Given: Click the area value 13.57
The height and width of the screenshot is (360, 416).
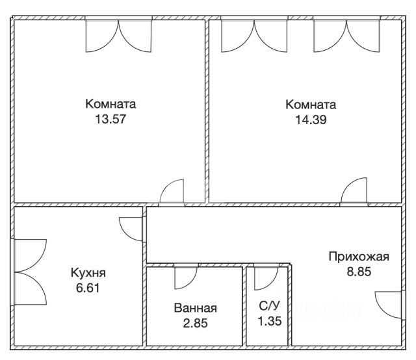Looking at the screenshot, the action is (x=110, y=119).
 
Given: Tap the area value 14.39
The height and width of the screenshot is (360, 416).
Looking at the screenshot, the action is (x=311, y=120).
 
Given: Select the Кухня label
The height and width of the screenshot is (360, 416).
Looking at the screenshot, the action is (x=88, y=273).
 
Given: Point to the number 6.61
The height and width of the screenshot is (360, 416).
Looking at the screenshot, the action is (x=88, y=288).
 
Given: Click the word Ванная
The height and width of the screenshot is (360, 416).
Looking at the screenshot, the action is (x=195, y=308).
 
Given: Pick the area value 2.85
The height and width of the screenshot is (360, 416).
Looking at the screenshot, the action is (x=195, y=323).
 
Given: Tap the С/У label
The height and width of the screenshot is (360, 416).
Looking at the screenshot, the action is (x=269, y=306).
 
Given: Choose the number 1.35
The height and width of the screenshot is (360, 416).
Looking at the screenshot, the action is (x=270, y=321).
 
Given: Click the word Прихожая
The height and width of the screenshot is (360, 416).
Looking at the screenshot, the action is (x=359, y=257).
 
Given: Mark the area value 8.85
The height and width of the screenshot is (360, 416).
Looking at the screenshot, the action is (x=359, y=272).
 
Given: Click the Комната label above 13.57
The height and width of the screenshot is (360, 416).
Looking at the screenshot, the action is (x=110, y=104).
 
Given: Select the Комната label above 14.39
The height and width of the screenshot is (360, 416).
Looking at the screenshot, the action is (x=311, y=105).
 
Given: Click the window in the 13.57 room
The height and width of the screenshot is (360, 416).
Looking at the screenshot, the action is (x=118, y=36).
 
